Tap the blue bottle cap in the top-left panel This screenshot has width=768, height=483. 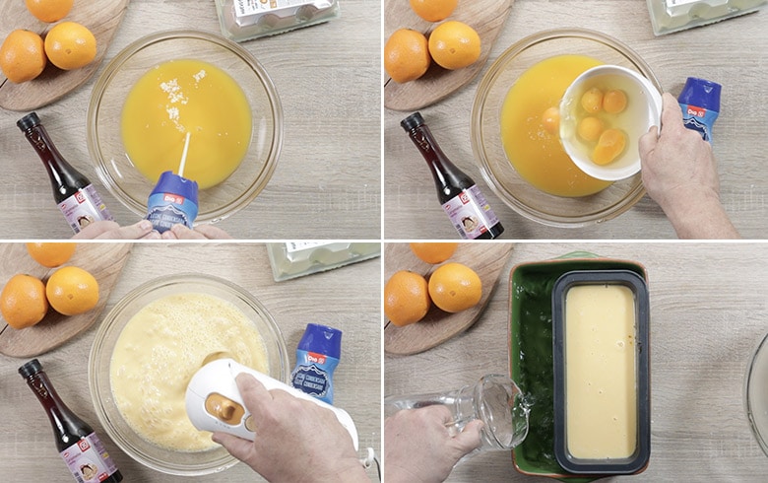(172, 188)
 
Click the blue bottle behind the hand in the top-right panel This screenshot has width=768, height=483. (699, 106)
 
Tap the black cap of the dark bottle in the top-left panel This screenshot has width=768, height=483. (29, 122)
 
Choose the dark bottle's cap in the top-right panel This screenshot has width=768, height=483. (413, 122)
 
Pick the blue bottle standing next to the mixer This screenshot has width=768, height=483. (314, 365)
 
